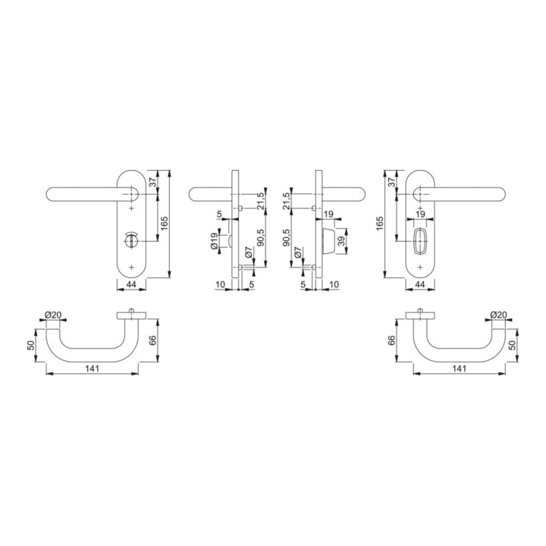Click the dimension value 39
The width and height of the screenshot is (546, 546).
click(x=341, y=241)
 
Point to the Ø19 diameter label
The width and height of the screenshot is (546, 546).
click(x=214, y=241)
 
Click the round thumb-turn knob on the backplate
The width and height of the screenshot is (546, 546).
click(x=131, y=240)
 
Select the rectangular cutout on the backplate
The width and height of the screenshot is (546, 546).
click(x=420, y=241)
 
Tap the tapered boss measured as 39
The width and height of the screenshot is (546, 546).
click(x=328, y=241)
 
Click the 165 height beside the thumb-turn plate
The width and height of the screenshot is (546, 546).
click(x=165, y=223)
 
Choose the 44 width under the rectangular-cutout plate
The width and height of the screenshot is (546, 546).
click(x=420, y=284)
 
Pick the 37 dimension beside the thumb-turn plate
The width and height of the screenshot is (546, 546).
click(x=153, y=182)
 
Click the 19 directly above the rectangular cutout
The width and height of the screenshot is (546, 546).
click(x=420, y=214)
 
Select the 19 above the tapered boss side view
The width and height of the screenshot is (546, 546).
click(x=328, y=214)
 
